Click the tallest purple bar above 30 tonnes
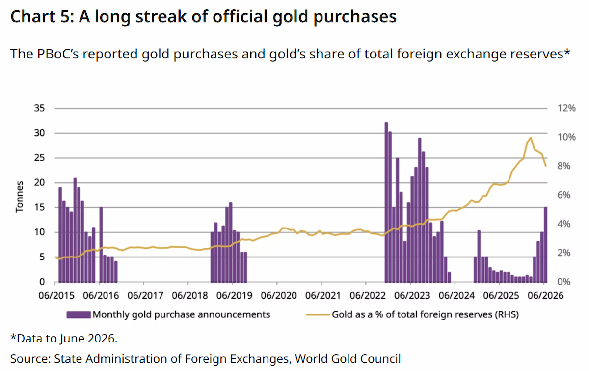pyautogui.click(x=386, y=202)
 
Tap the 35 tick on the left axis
pyautogui.click(x=39, y=108)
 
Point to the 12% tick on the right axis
pyautogui.click(x=566, y=108)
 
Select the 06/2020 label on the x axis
pyautogui.click(x=279, y=295)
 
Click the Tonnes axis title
pyautogui.click(x=20, y=197)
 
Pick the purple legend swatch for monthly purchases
pyautogui.click(x=79, y=314)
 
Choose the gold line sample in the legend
pyautogui.click(x=318, y=314)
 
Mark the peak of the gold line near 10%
pyautogui.click(x=531, y=138)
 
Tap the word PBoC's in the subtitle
pyautogui.click(x=58, y=54)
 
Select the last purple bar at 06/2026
pyautogui.click(x=545, y=245)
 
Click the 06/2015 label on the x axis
pyautogui.click(x=56, y=295)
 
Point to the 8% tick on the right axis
pyautogui.click(x=564, y=166)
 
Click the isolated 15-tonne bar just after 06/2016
pyautogui.click(x=101, y=245)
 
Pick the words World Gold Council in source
pyautogui.click(x=348, y=359)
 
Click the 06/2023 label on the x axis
pyautogui.click(x=412, y=295)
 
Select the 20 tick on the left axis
pyautogui.click(x=39, y=182)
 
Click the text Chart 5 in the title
pyautogui.click(x=43, y=17)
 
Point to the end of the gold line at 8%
pyautogui.click(x=546, y=166)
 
